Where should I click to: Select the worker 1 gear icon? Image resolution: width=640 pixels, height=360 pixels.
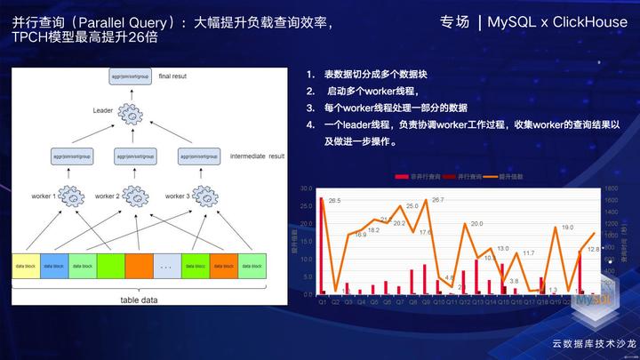71,196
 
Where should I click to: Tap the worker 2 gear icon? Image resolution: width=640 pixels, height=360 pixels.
133,196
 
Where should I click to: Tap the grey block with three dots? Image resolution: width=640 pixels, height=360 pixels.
165,266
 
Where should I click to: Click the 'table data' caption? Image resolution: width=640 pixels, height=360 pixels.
139,300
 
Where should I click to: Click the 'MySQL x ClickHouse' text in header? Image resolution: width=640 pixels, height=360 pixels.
557,21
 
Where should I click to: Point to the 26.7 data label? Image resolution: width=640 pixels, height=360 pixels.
437,201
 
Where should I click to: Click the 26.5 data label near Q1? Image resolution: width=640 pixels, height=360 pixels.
334,201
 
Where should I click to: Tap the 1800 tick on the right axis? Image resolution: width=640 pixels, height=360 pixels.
612,189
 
